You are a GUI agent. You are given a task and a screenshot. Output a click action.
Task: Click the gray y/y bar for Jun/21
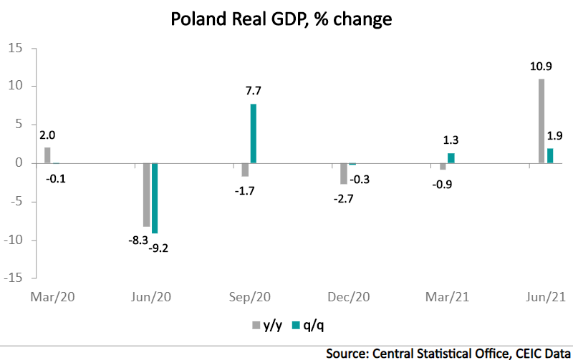(541, 121)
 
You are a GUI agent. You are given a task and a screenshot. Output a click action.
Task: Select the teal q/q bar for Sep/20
(254, 134)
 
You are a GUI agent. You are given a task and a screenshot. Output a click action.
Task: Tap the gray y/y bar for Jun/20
(146, 195)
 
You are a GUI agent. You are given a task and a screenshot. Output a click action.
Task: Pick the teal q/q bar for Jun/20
(155, 198)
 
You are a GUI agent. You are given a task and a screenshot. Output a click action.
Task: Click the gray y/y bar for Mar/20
(47, 155)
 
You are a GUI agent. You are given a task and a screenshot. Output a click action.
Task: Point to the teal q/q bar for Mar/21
(451, 158)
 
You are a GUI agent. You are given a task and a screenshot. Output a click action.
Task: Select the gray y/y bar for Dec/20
(344, 173)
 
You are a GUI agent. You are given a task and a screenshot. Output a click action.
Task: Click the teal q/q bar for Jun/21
(550, 155)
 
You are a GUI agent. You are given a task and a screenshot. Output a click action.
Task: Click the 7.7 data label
(254, 91)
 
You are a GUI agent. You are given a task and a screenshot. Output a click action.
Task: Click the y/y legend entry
(266, 325)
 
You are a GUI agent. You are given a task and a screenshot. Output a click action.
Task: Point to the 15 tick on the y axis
(16, 48)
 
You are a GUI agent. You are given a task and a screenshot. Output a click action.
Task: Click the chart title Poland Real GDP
(281, 19)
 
